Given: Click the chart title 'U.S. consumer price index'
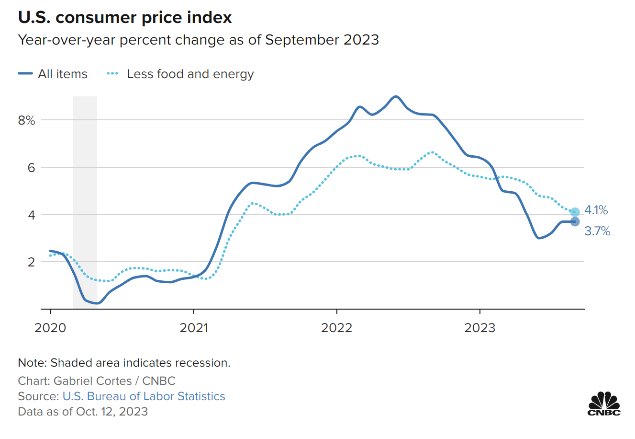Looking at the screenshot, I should click(x=125, y=18).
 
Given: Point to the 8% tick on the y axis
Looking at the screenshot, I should click(x=27, y=120).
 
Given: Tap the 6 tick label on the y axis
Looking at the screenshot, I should click(x=31, y=168).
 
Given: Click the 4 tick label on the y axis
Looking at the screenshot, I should click(x=31, y=215).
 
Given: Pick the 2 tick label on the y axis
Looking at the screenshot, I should click(x=31, y=262).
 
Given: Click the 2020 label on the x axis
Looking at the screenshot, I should click(x=50, y=328).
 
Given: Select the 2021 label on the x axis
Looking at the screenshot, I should click(x=193, y=328).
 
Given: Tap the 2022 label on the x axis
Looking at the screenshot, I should click(x=336, y=328).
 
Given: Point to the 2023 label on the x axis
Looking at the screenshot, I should click(x=479, y=328).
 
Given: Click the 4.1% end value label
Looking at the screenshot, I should click(x=596, y=210).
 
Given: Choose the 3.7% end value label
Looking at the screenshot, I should click(x=597, y=231).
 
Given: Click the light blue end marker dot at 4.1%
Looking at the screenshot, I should click(x=575, y=212).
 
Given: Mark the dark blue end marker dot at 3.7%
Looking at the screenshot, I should click(x=575, y=221).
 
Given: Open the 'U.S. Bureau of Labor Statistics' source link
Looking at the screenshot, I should click(x=144, y=396).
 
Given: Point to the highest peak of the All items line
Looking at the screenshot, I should click(x=395, y=96).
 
